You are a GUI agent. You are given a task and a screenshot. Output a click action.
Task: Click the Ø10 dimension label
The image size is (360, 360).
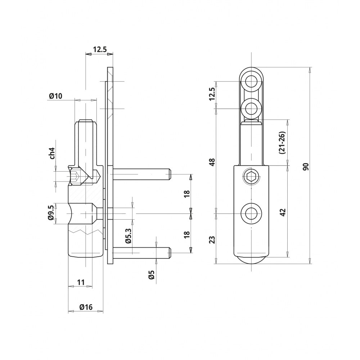click(55, 96)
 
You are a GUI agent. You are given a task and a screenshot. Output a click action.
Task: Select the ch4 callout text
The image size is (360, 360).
click(52, 153)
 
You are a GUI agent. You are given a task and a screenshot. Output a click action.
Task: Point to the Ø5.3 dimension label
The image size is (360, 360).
click(128, 235)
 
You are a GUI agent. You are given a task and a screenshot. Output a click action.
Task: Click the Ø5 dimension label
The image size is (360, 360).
click(151, 275)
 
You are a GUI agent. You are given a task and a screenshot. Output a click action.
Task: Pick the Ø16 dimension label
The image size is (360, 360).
click(86, 307)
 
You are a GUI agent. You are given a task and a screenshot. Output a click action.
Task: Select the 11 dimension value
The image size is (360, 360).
click(81, 282)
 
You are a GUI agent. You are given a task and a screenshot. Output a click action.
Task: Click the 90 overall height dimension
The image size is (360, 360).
click(306, 166)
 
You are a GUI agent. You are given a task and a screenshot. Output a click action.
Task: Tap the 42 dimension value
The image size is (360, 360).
click(283, 212)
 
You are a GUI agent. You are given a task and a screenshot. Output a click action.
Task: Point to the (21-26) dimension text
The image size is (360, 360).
click(282, 143)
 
